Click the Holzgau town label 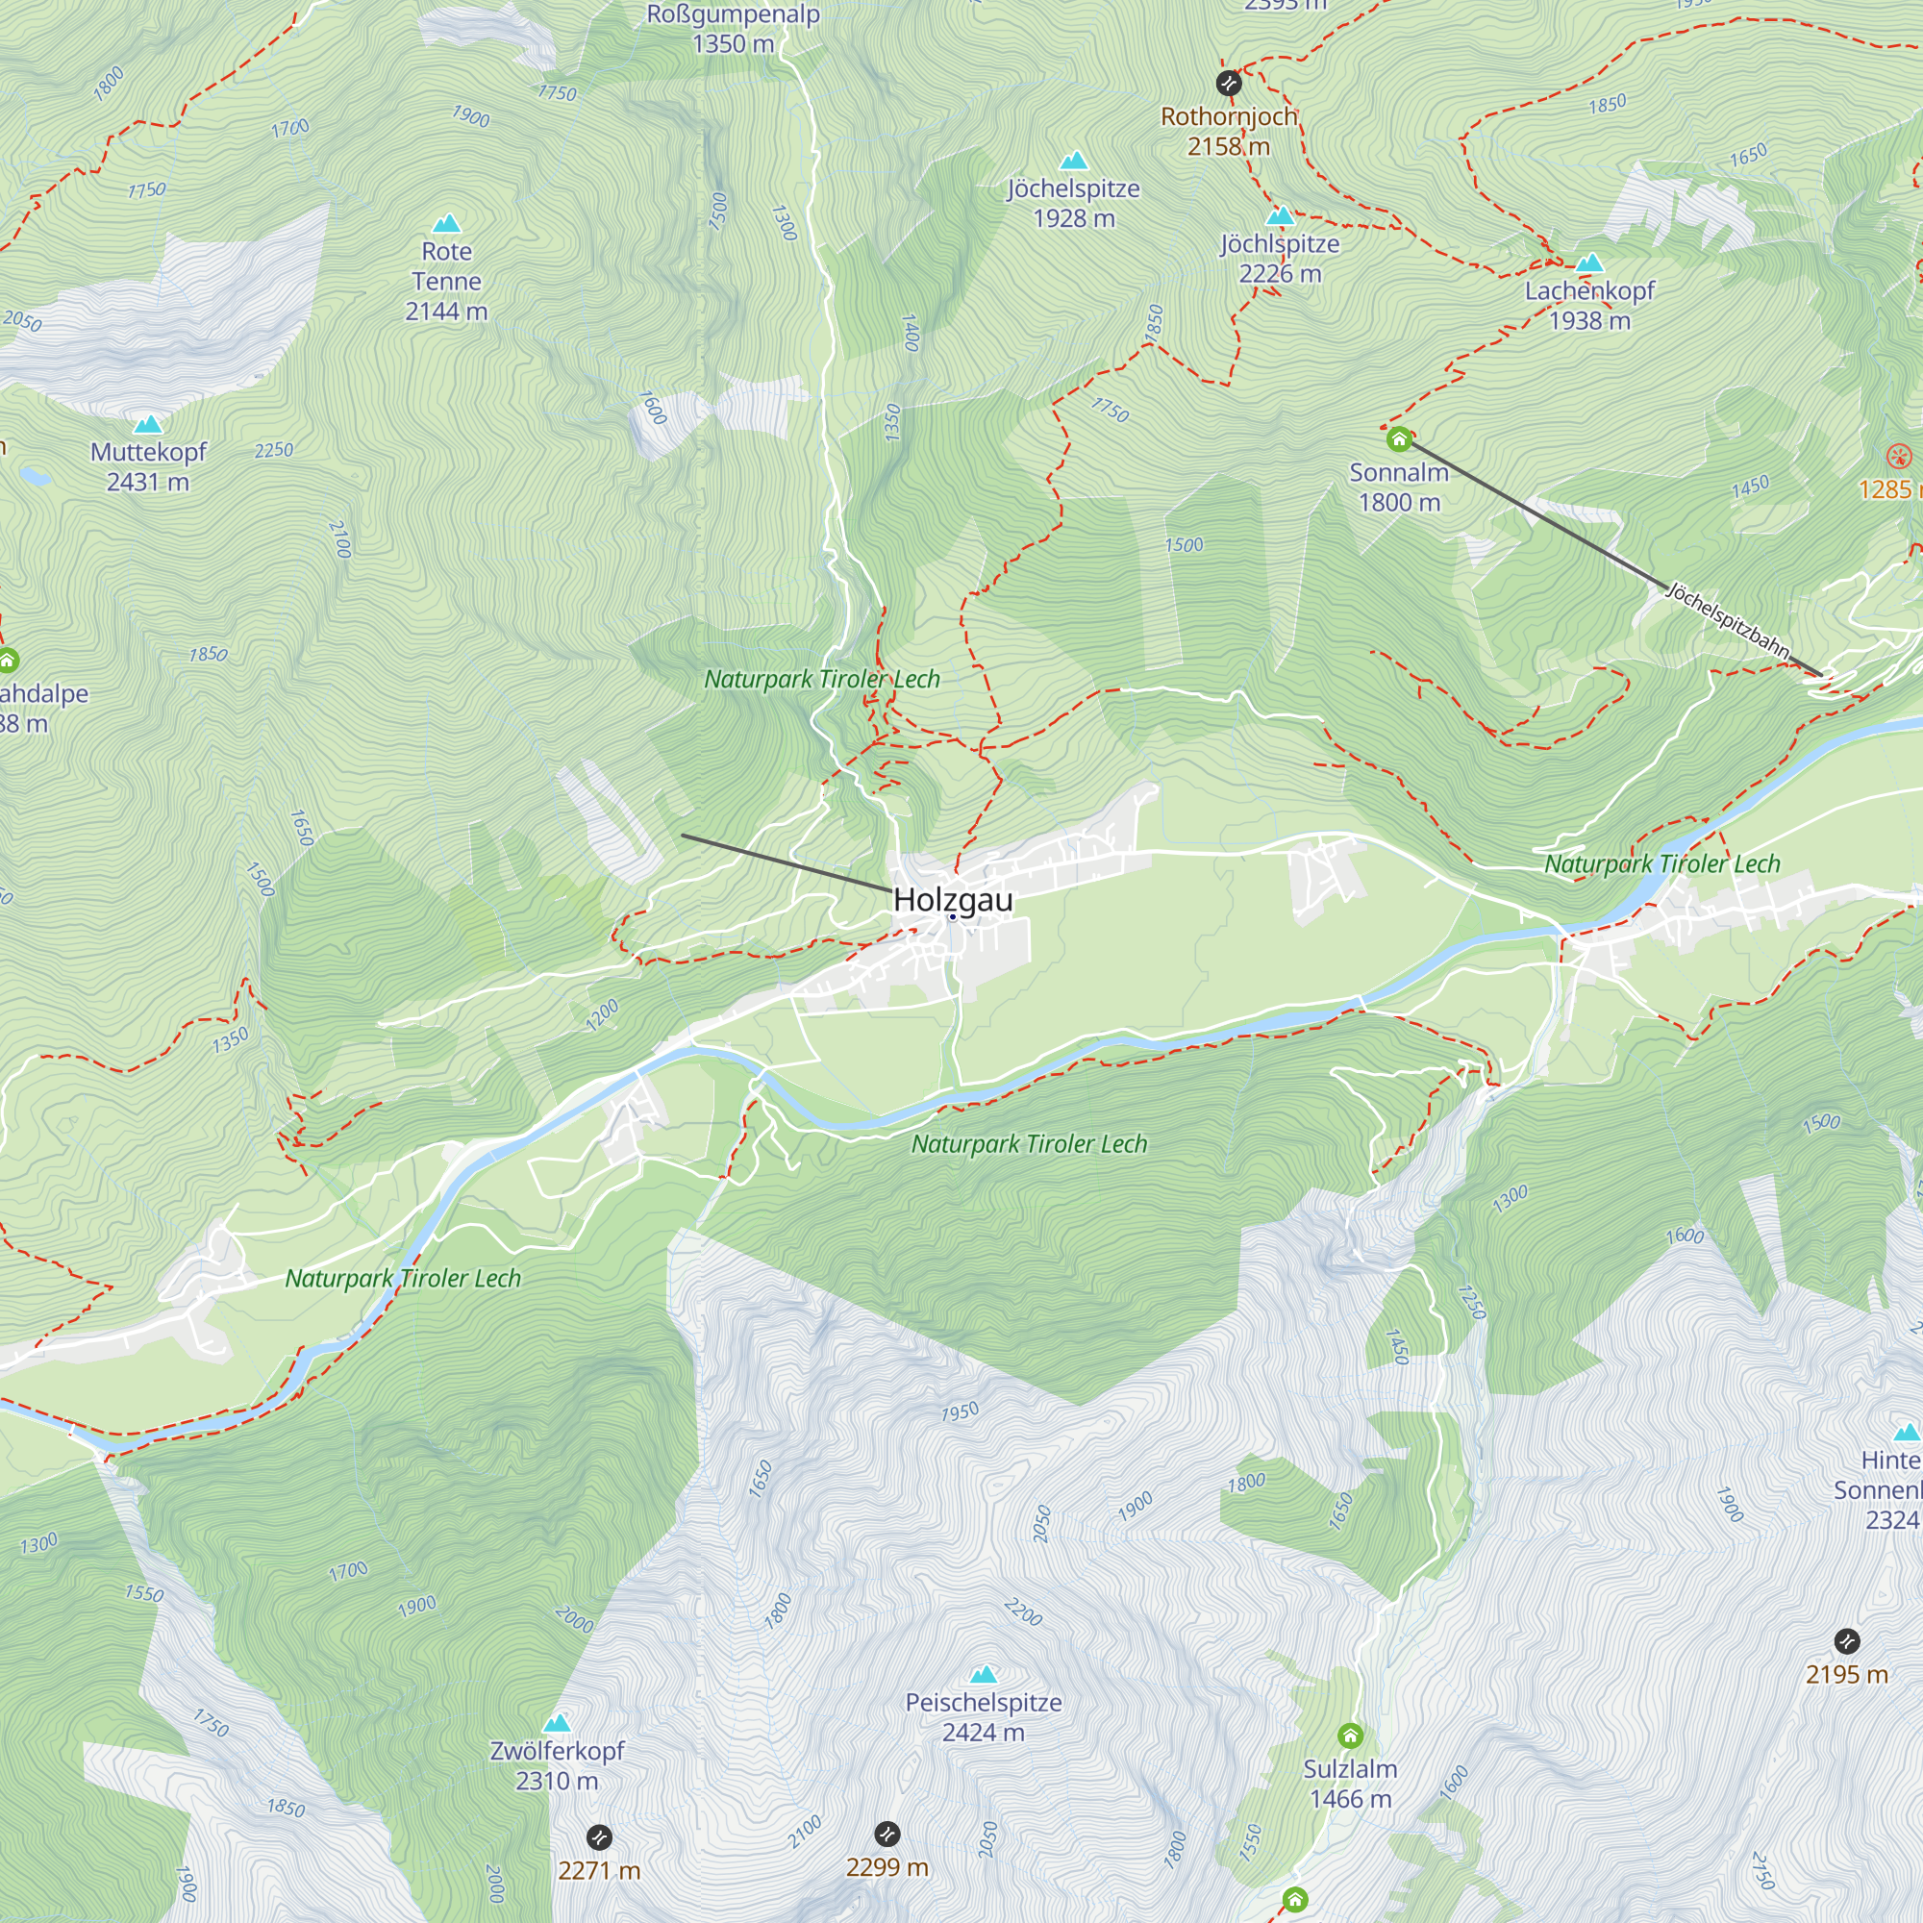click(x=953, y=899)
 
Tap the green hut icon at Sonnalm click(x=1398, y=439)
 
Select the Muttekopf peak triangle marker click(x=148, y=425)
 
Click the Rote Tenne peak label click(x=446, y=281)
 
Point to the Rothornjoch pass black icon click(x=1228, y=83)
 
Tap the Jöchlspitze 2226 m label click(x=1280, y=258)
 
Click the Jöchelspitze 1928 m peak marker click(x=1073, y=162)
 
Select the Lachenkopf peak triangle click(x=1589, y=263)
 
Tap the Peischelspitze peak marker click(x=984, y=1674)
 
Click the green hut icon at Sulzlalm click(x=1350, y=1736)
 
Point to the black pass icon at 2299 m click(x=887, y=1834)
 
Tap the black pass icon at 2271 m click(x=598, y=1837)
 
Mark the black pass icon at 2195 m click(x=1846, y=1640)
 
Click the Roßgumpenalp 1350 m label click(x=734, y=28)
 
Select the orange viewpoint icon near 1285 click(x=1899, y=457)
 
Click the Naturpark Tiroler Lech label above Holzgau click(x=821, y=679)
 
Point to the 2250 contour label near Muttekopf click(x=274, y=450)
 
